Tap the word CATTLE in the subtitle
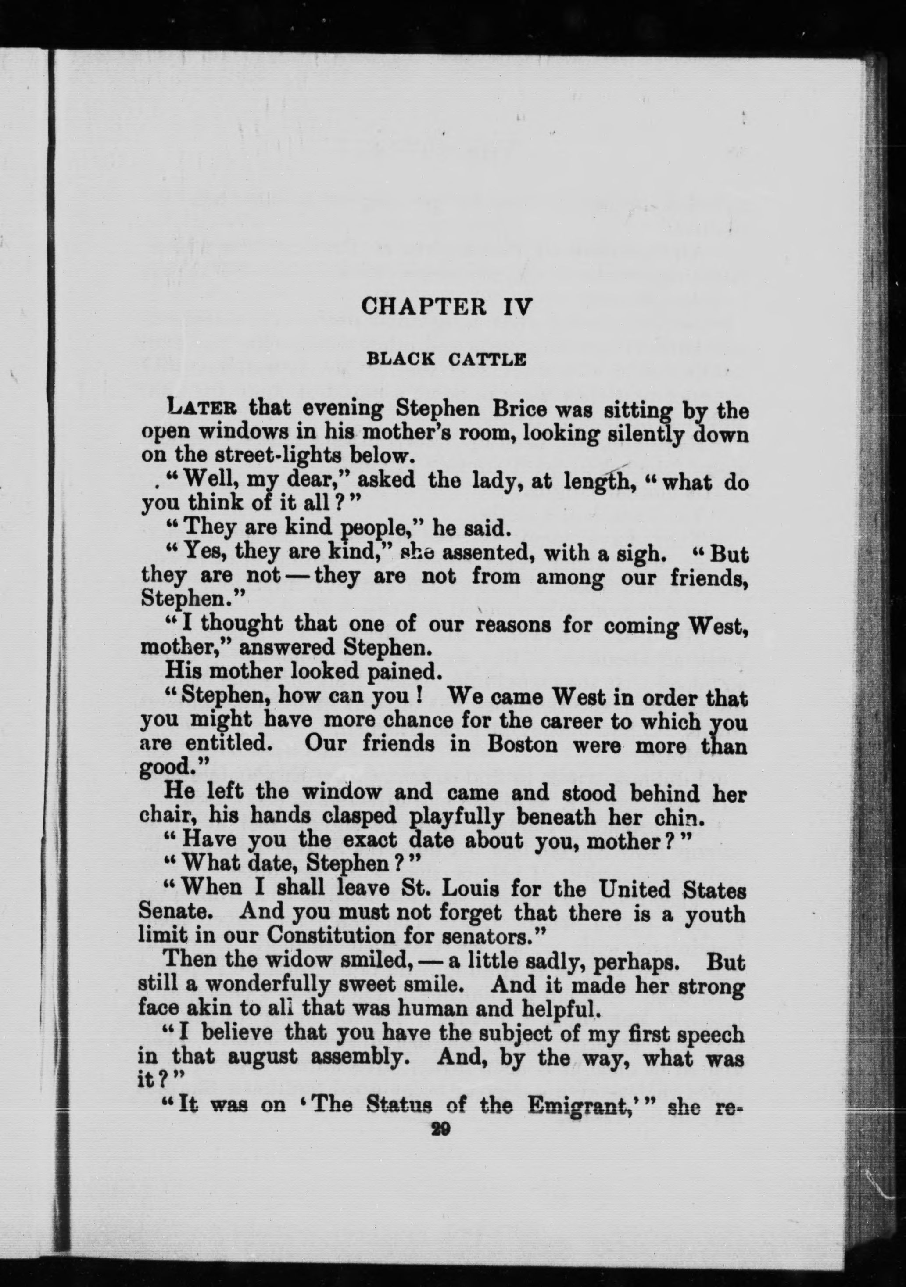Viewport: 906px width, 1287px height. [487, 359]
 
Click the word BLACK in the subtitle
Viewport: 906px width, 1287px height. [400, 359]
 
